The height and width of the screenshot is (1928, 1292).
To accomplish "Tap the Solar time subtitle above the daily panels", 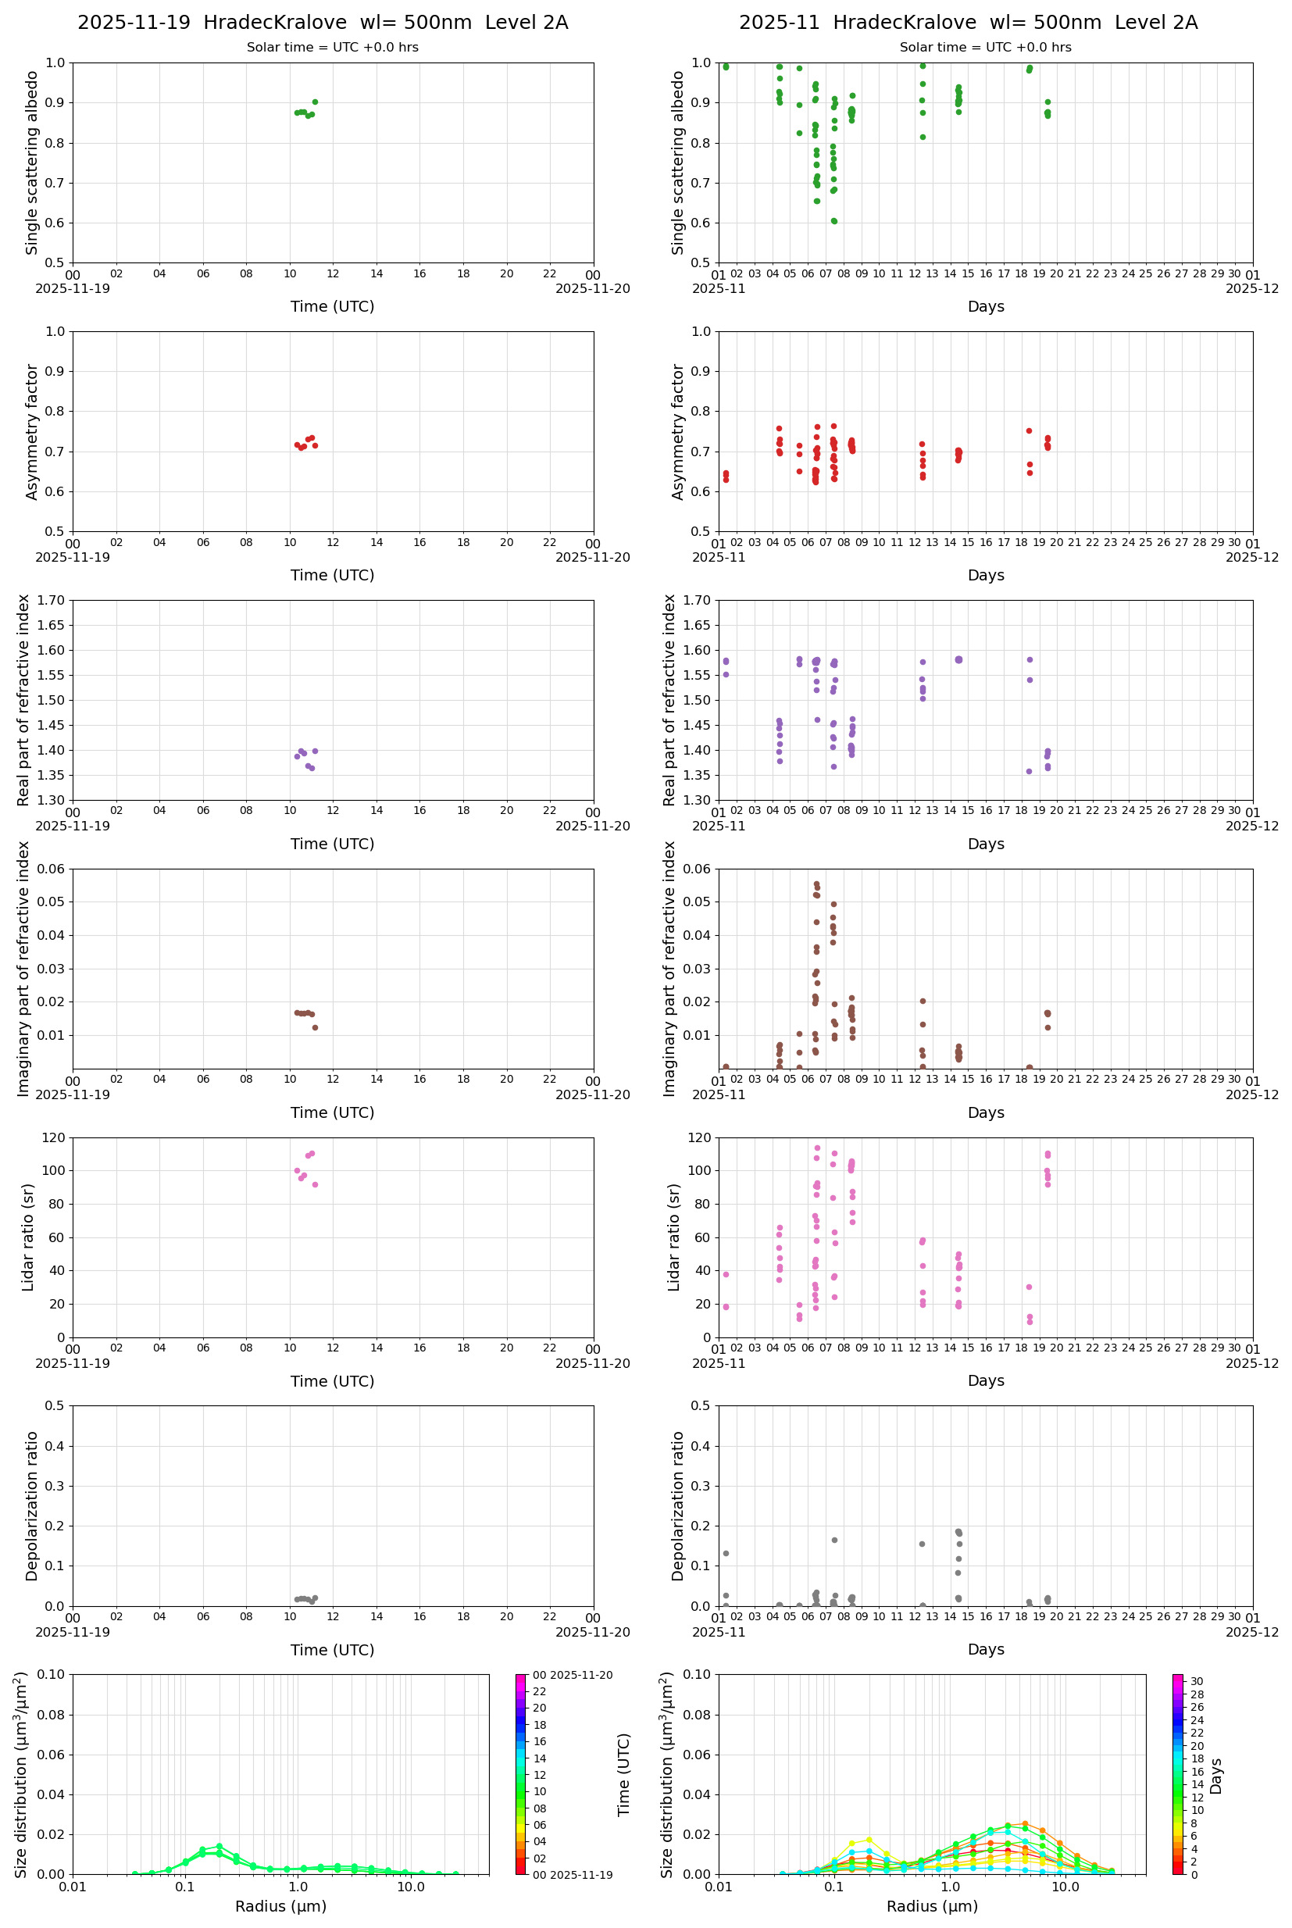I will coord(332,48).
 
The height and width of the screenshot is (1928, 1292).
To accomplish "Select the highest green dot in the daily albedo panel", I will coord(315,102).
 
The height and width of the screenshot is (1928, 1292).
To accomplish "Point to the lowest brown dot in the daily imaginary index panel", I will coord(315,1027).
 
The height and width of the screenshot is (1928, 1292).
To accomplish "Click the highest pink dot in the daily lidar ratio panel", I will coord(312,1154).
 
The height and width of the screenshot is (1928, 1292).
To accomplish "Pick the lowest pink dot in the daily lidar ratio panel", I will coord(315,1184).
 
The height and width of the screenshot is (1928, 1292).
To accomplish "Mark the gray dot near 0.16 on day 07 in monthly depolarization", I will coord(834,1540).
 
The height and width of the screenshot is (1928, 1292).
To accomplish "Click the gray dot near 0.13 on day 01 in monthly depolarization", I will coord(726,1553).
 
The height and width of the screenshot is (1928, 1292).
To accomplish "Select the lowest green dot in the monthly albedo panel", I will coord(834,221).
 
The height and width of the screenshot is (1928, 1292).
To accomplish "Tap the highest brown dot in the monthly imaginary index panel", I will coord(816,884).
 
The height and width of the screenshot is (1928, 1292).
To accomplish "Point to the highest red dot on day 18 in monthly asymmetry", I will coord(1030,431).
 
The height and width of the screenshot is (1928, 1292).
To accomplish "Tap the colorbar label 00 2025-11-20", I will coord(572,1675).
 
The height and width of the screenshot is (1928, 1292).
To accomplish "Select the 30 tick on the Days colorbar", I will coord(1197,1682).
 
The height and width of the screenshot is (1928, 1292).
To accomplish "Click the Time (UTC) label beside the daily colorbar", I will coord(624,1774).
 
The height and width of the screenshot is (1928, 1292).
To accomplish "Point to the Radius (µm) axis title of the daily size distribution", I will coord(280,1906).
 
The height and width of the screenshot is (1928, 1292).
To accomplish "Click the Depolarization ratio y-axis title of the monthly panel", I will coord(678,1505).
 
